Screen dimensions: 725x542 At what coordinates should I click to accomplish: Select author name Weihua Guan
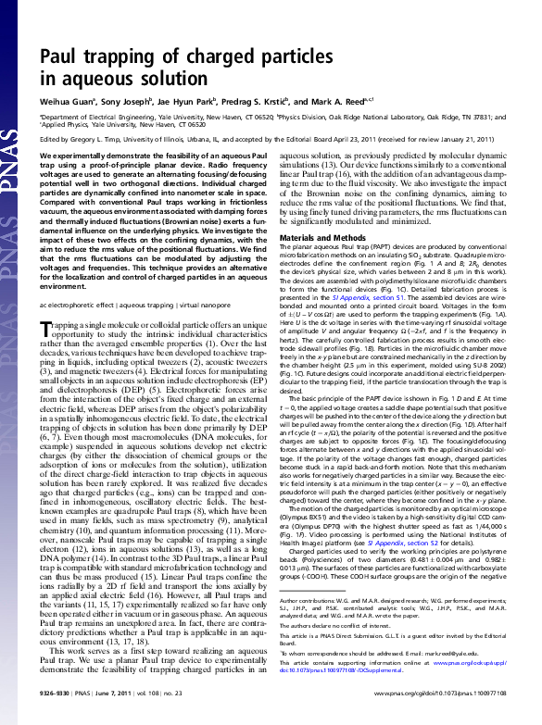click(x=69, y=101)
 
